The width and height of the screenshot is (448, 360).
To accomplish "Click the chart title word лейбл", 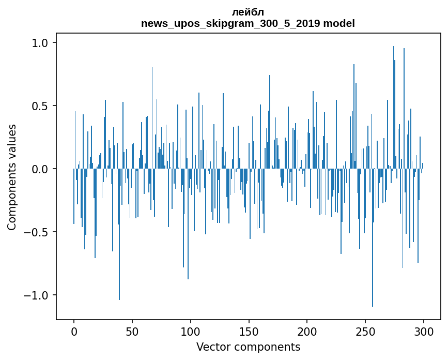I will tap(248, 12).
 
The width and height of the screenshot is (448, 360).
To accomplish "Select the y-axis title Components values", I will tap(12, 177).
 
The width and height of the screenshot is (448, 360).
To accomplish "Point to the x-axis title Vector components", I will tap(248, 347).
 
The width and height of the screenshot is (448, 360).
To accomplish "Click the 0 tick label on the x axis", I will tap(74, 331).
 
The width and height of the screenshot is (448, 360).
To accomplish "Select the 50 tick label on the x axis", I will tap(132, 331).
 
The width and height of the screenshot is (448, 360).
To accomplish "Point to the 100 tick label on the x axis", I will tap(191, 331).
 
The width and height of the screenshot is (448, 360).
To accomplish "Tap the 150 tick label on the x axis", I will tap(249, 331).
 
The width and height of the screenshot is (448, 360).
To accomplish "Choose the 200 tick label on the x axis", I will tap(307, 331).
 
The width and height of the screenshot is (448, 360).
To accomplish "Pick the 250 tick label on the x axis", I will tap(366, 331).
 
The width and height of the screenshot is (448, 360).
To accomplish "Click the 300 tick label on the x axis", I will tap(424, 331).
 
